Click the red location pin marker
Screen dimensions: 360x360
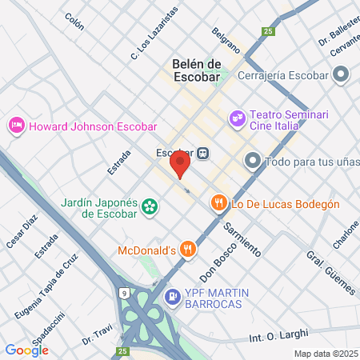(x=180, y=164)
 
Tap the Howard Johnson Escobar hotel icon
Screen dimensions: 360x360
(x=15, y=126)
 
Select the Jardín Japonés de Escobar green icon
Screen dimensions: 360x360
(x=149, y=208)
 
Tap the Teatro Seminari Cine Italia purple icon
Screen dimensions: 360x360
(x=237, y=119)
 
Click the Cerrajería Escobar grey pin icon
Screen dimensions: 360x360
(x=341, y=76)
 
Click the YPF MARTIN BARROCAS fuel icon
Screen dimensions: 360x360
(x=172, y=297)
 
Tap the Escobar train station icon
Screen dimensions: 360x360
(x=203, y=153)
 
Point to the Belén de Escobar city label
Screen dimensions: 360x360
(x=196, y=70)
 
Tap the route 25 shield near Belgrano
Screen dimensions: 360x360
(x=268, y=31)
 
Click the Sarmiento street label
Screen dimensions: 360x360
(x=242, y=238)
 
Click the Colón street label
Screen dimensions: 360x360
(x=74, y=18)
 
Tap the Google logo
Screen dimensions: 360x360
(x=26, y=350)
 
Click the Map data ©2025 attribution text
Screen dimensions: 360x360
(x=325, y=354)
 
